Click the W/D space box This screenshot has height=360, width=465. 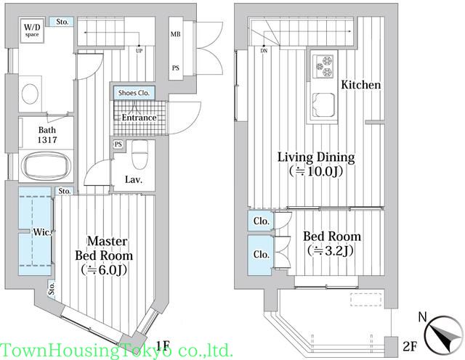click(x=32, y=30)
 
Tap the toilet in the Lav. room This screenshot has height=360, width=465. click(x=139, y=154)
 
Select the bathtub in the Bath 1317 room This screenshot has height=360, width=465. click(x=47, y=165)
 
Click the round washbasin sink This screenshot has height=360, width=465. click(x=30, y=94)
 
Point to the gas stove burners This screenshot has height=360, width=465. click(x=324, y=66)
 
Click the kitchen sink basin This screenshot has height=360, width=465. click(x=323, y=105)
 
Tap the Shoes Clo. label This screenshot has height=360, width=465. click(x=134, y=93)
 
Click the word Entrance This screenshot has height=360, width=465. click(x=139, y=118)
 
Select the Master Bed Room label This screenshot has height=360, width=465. click(x=104, y=248)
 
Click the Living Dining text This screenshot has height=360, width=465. click(x=316, y=157)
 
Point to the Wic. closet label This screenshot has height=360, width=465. click(x=42, y=232)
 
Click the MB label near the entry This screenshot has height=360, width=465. click(x=175, y=34)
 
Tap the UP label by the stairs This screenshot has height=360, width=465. click(x=139, y=51)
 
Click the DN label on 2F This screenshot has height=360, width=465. click(x=264, y=51)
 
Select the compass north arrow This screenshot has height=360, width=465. click(x=444, y=335)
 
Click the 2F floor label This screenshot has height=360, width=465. click(x=410, y=345)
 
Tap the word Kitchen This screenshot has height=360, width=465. click(x=360, y=85)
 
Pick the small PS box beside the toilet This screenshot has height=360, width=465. click(x=118, y=144)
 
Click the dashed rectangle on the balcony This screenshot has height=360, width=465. click(x=365, y=300)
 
